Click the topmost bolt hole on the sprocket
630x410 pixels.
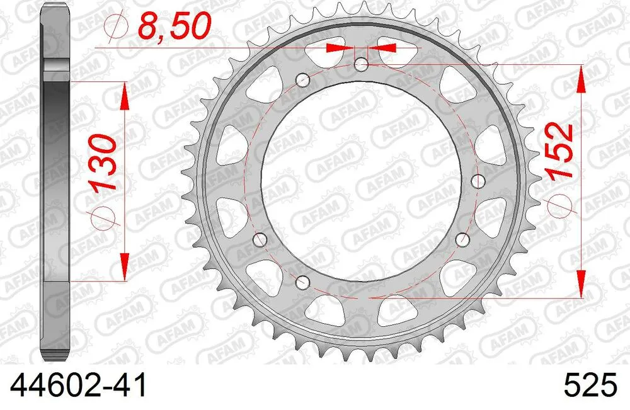(x=362, y=64)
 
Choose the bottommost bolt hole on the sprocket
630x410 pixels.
(x=303, y=281)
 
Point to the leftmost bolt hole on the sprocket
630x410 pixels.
(x=259, y=239)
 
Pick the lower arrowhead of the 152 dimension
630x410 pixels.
(x=580, y=283)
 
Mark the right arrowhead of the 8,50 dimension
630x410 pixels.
(x=385, y=47)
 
